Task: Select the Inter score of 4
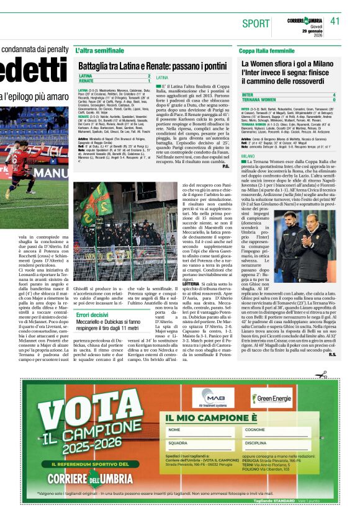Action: (334, 94)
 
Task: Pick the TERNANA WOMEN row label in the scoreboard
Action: (259, 99)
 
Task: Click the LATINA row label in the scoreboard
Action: (86, 76)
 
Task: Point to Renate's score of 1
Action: (149, 81)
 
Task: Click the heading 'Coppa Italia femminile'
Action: (267, 50)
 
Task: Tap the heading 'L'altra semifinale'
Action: (99, 50)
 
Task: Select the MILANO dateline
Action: (248, 156)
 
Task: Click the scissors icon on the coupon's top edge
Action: (322, 374)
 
